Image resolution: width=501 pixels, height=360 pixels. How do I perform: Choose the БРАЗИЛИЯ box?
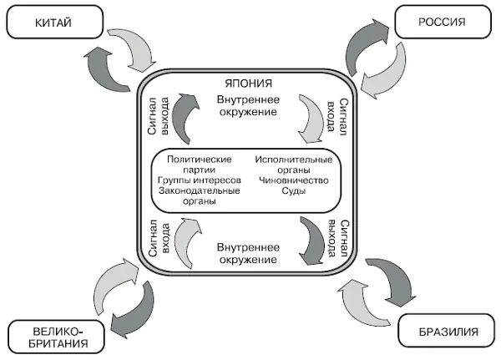coord(449,332)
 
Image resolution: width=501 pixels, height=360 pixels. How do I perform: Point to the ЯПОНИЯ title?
coord(249,84)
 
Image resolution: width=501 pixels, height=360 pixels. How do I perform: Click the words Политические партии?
coord(198,163)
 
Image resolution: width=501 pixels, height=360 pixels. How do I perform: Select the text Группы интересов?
coord(198,180)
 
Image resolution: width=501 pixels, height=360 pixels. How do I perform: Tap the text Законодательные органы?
coord(198,195)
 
